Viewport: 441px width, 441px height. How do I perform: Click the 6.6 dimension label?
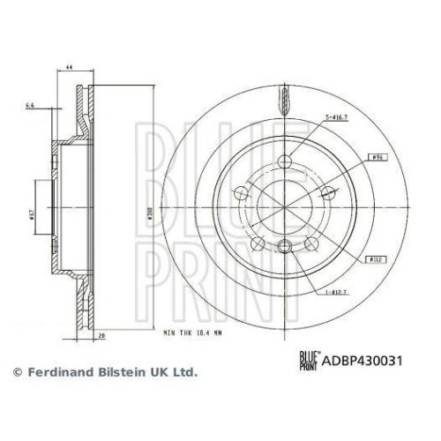[29, 105]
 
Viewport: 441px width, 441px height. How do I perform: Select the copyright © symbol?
[15, 373]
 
